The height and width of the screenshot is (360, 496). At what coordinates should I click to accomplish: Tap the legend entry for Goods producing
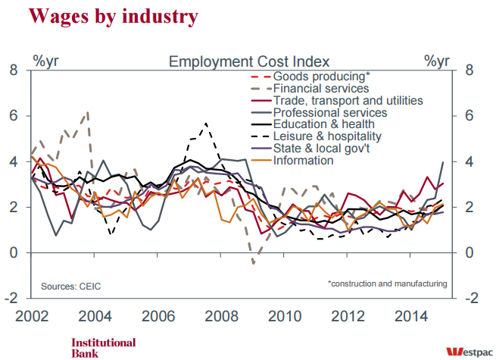click(321, 76)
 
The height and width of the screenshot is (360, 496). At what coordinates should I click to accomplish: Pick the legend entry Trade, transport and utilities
click(348, 100)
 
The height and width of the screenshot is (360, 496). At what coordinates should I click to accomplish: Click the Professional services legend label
click(329, 112)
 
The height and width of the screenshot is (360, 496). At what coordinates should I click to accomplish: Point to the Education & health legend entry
click(323, 124)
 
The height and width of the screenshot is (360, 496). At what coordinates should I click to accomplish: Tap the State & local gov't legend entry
click(321, 149)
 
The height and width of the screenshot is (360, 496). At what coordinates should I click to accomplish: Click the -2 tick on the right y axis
click(467, 298)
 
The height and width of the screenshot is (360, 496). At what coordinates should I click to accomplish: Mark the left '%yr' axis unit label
click(45, 60)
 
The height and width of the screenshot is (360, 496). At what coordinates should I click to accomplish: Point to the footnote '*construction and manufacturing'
click(387, 283)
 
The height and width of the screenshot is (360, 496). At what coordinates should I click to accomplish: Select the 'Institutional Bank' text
click(103, 347)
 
